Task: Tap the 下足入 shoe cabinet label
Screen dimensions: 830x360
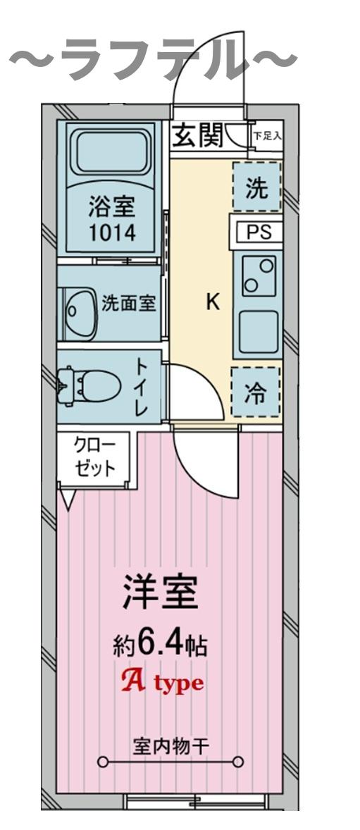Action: [x=268, y=134]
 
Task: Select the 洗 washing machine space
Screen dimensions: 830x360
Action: [x=256, y=187]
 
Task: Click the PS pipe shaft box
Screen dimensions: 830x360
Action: [x=257, y=233]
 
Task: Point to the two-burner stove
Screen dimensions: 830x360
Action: [x=258, y=276]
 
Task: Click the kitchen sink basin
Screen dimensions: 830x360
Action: [x=257, y=331]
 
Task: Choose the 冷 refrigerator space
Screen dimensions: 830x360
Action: [x=256, y=393]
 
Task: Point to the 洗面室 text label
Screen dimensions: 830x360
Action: [x=129, y=304]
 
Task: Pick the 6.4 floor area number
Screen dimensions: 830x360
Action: [x=161, y=643]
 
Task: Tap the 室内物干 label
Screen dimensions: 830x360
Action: [x=170, y=745]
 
